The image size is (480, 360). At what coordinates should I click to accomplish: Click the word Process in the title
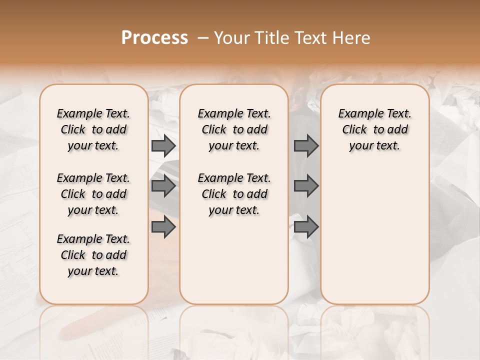[x=154, y=38]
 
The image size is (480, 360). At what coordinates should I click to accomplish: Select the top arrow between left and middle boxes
[x=163, y=145]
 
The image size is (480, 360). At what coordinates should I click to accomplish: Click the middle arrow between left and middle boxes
[x=163, y=186]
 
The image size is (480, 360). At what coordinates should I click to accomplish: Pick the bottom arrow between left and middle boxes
[x=163, y=227]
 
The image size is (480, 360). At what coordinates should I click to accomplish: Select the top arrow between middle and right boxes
[x=306, y=145]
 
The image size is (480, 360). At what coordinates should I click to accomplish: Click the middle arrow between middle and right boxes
[x=306, y=186]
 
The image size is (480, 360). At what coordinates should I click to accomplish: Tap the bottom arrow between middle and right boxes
[x=306, y=227]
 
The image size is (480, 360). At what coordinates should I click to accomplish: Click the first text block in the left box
[x=93, y=129]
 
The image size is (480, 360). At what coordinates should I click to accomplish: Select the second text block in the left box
[x=93, y=194]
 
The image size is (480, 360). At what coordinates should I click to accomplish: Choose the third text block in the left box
[x=93, y=255]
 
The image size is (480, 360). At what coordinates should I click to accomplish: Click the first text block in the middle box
[x=234, y=129]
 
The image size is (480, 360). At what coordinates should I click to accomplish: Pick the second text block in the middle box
[x=234, y=194]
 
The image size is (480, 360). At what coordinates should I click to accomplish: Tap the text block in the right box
[x=375, y=129]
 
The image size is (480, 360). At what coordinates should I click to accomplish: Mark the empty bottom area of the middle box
[x=234, y=265]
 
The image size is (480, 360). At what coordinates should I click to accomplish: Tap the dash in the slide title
[x=203, y=38]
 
